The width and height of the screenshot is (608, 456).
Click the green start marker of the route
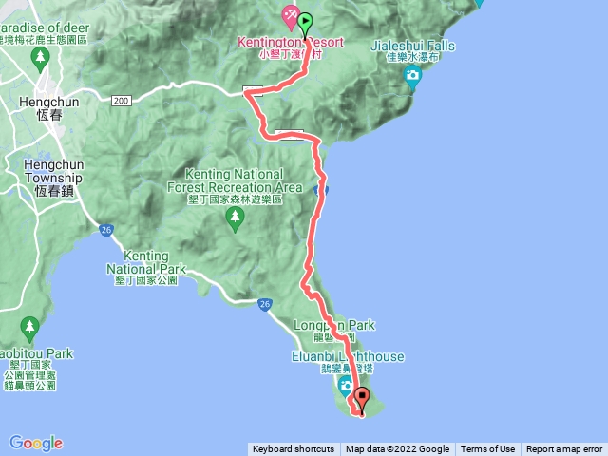(x=305, y=22)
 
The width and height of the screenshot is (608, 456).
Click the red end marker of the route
(x=362, y=397)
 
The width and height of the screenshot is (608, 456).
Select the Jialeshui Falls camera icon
(x=411, y=79)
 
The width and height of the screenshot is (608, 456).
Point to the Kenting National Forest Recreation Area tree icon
(x=236, y=218)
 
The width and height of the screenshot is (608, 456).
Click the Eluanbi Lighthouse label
(x=349, y=356)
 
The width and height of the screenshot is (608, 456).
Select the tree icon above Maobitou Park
(x=29, y=330)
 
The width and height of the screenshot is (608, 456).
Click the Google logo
(x=36, y=443)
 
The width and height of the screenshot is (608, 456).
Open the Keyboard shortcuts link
(x=293, y=449)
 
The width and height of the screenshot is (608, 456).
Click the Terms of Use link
(x=487, y=449)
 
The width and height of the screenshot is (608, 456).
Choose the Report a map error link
(x=564, y=449)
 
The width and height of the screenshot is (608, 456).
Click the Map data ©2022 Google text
(x=397, y=449)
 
